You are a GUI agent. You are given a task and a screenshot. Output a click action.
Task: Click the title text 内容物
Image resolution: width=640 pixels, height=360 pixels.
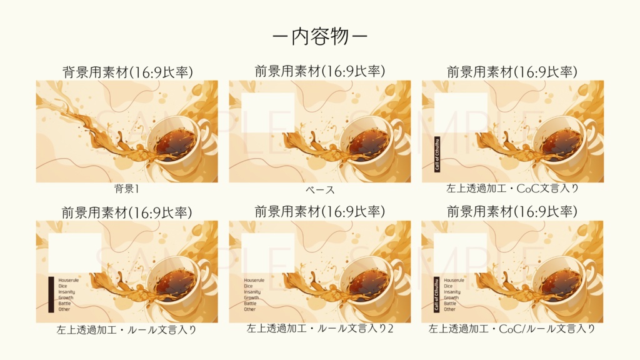(x=320, y=36)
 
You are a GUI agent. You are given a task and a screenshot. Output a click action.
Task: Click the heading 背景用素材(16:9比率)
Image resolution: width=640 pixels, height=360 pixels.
(x=127, y=72)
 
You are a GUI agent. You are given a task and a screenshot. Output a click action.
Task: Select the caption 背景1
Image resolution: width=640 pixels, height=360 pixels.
(x=127, y=189)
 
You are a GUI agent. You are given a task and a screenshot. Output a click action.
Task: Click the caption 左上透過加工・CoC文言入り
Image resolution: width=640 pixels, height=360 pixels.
(x=512, y=188)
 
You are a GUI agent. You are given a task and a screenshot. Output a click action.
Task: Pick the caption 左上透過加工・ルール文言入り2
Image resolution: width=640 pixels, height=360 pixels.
(x=320, y=328)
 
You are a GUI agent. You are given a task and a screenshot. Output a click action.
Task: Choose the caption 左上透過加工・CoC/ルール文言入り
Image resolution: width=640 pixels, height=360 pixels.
(x=512, y=328)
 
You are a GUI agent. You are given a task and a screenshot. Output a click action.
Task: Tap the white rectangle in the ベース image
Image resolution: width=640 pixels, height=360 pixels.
(x=267, y=112)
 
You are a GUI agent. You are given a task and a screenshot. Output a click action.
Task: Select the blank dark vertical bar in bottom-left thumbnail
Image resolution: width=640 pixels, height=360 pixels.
(x=51, y=294)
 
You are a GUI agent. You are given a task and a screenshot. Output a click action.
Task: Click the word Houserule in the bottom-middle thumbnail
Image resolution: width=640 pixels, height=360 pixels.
(x=254, y=280)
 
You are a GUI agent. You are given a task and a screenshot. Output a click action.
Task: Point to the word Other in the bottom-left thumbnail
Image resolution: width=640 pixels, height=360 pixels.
(x=64, y=309)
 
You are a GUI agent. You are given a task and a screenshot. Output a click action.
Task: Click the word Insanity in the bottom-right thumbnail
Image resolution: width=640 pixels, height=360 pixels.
(x=452, y=292)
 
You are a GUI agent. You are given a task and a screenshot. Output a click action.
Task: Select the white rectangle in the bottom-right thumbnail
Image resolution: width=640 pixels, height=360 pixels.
(x=460, y=253)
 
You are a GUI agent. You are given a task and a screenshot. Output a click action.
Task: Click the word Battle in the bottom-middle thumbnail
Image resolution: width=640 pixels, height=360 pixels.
(x=250, y=303)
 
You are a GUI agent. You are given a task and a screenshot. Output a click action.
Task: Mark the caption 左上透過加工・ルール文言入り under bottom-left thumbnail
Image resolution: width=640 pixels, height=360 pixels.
(x=127, y=329)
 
